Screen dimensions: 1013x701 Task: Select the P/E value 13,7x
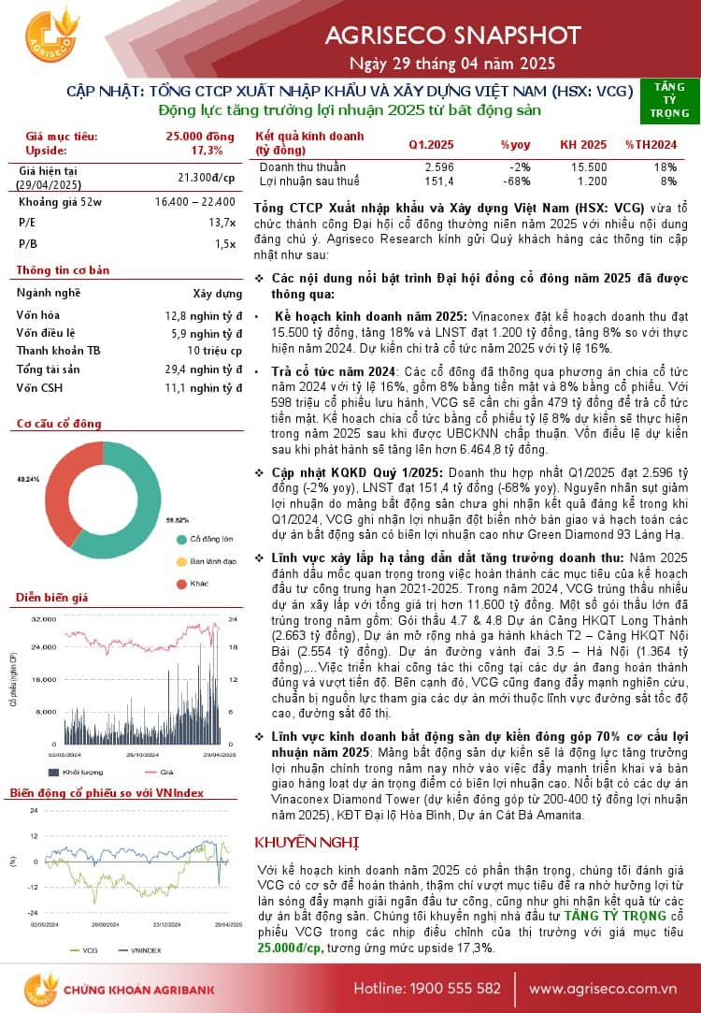pos(222,223)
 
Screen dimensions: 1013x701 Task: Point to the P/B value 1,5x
pos(225,243)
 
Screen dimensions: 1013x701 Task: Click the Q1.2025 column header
pos(431,144)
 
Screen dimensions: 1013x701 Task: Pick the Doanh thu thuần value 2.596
pos(438,166)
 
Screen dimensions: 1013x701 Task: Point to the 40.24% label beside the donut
pos(29,479)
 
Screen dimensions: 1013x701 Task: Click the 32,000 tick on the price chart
pos(44,619)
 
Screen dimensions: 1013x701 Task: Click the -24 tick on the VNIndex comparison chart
pos(34,912)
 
